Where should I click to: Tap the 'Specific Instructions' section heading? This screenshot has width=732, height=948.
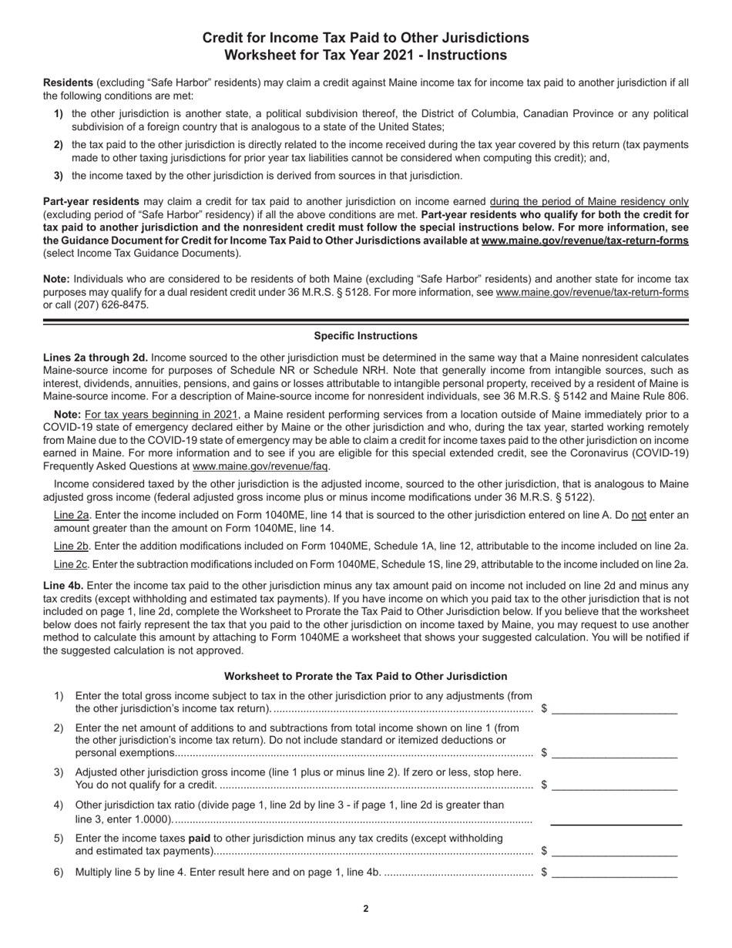[x=365, y=336]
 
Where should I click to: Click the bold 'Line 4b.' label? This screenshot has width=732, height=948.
[x=63, y=586]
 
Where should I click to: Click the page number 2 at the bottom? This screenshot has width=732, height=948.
[x=365, y=909]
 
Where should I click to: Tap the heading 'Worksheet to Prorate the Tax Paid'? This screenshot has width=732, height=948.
[x=365, y=677]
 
